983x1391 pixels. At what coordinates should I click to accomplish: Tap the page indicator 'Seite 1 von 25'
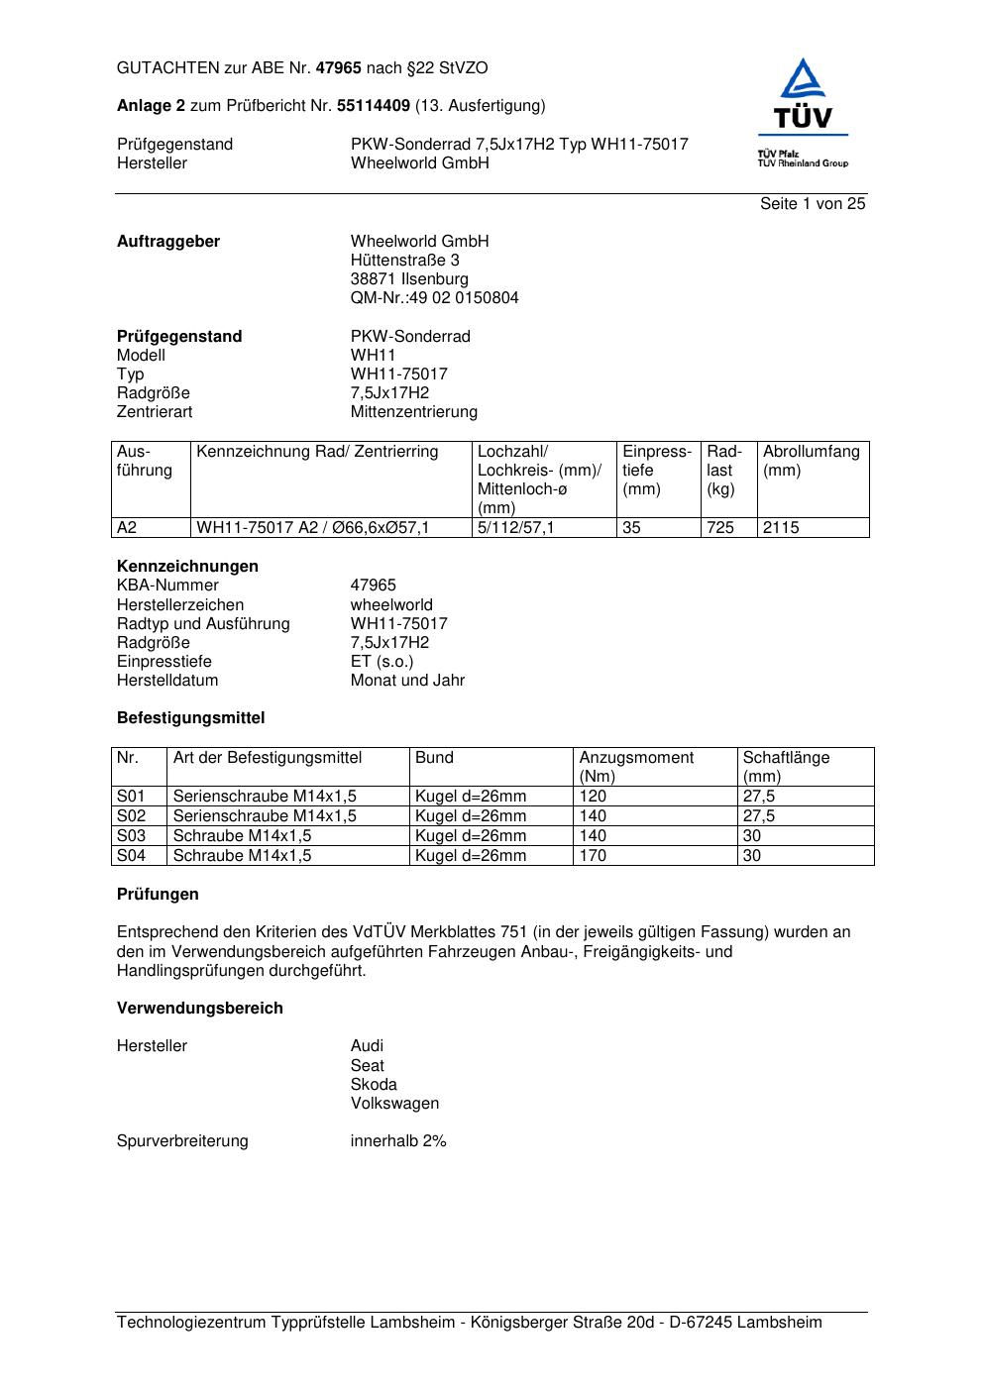(x=813, y=204)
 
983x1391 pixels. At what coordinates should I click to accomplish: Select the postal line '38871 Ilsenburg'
(x=409, y=279)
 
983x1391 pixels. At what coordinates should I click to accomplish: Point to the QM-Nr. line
(x=434, y=298)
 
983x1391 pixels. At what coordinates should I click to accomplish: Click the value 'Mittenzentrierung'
(x=413, y=412)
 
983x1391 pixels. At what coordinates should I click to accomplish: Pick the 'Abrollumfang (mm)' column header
(x=811, y=461)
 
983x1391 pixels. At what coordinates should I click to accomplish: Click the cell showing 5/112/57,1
(x=515, y=528)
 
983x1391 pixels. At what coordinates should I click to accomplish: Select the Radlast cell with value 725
(x=720, y=528)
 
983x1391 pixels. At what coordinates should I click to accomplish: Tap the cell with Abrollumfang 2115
(x=781, y=528)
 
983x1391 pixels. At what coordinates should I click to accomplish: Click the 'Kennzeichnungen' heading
(x=187, y=567)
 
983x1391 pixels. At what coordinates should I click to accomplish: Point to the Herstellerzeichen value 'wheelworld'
(x=391, y=605)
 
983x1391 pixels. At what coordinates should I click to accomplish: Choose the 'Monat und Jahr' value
(x=407, y=681)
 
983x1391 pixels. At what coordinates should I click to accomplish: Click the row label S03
(x=131, y=836)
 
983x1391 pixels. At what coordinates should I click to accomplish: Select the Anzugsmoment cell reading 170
(x=593, y=856)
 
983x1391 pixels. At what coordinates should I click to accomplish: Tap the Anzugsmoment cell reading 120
(x=593, y=797)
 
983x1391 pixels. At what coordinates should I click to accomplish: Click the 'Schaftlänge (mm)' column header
(x=786, y=767)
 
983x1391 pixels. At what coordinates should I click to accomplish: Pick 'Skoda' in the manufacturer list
(x=374, y=1085)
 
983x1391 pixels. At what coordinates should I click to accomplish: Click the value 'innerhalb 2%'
(x=398, y=1141)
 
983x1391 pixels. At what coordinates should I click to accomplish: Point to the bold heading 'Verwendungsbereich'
(x=200, y=1009)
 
